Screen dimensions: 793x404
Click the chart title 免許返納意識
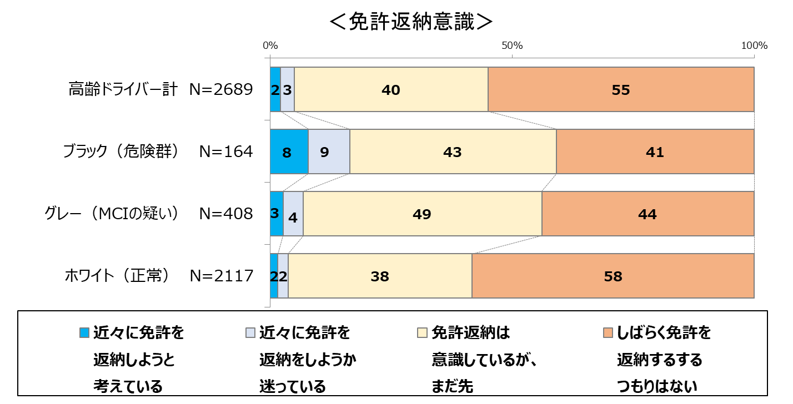tap(411, 22)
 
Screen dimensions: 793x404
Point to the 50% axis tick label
tap(512, 46)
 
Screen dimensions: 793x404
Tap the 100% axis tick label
tap(755, 46)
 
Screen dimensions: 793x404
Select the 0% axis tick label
tap(270, 46)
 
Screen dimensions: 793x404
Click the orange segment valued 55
tap(621, 89)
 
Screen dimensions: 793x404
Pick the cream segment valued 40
tap(391, 89)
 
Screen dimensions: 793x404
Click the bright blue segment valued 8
tap(289, 151)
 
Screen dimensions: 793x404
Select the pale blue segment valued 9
tap(329, 151)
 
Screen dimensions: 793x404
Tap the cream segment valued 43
tap(453, 151)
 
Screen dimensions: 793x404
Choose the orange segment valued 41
tap(655, 151)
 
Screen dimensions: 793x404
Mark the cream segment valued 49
tap(423, 214)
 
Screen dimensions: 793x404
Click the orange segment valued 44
tap(648, 214)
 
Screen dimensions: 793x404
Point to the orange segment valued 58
tap(613, 276)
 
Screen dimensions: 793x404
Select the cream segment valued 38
tap(380, 276)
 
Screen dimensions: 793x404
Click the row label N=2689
tap(221, 89)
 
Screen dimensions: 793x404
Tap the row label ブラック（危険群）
tap(121, 151)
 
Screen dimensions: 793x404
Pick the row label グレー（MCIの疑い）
tap(112, 214)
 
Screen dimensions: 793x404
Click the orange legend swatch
tap(608, 333)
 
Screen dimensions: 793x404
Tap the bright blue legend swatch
tap(84, 333)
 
